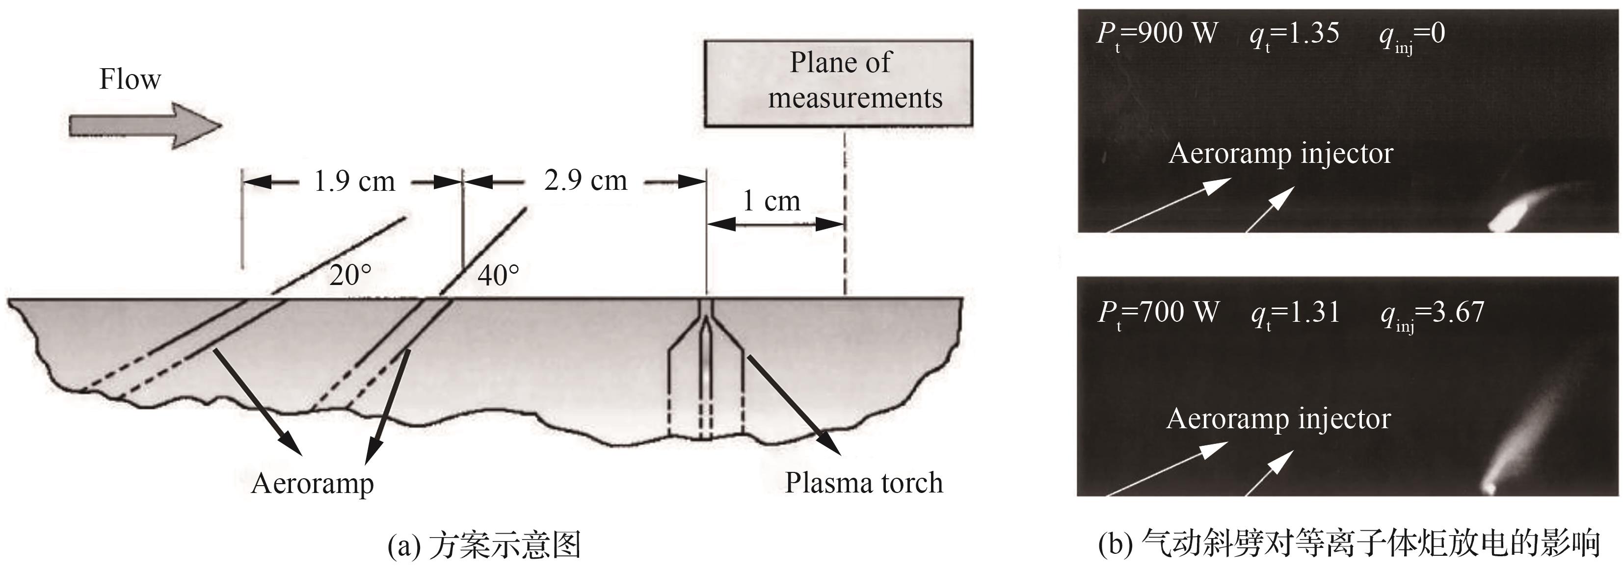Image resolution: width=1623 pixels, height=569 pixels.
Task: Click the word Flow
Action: (x=130, y=80)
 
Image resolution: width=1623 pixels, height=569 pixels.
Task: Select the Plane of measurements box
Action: (x=838, y=83)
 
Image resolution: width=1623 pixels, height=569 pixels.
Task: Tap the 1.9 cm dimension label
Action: (x=354, y=182)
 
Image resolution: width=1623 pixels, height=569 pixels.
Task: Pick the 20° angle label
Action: (x=350, y=276)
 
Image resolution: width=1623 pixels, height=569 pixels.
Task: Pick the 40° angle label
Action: (x=498, y=276)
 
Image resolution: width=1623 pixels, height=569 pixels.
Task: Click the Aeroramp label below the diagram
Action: (x=313, y=483)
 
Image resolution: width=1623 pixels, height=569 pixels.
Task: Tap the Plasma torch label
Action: (x=864, y=483)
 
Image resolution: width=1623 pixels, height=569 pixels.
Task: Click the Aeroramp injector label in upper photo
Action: (x=1280, y=154)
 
